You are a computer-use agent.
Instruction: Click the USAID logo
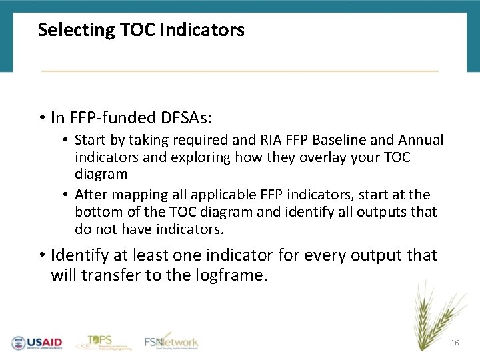click(37, 343)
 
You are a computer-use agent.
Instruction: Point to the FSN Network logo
click(171, 341)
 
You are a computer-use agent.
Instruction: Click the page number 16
click(455, 342)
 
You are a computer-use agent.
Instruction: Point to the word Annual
click(421, 140)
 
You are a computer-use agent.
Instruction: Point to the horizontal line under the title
click(240, 71)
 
